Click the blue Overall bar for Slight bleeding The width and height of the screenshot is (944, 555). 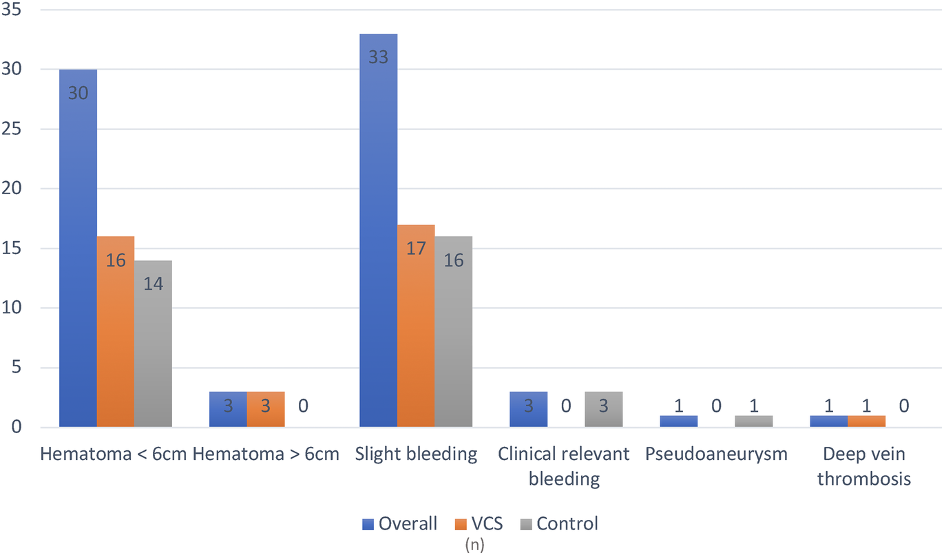coord(378,234)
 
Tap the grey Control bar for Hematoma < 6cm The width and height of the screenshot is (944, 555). coord(153,344)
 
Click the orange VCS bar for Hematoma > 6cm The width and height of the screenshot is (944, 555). coord(265,410)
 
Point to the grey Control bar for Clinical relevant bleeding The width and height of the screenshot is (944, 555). coord(603,410)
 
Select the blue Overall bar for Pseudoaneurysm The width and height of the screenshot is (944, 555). coord(678,421)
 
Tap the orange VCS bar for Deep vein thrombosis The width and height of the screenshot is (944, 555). coord(866,421)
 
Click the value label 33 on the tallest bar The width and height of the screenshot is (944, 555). coord(378,57)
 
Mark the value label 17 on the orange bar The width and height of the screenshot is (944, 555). coord(416,248)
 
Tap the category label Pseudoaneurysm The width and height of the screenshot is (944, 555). coord(716,454)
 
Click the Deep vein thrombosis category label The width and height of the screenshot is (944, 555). coord(864,466)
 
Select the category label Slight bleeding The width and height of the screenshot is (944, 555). coord(416,454)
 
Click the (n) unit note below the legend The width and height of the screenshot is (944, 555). coord(474,545)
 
